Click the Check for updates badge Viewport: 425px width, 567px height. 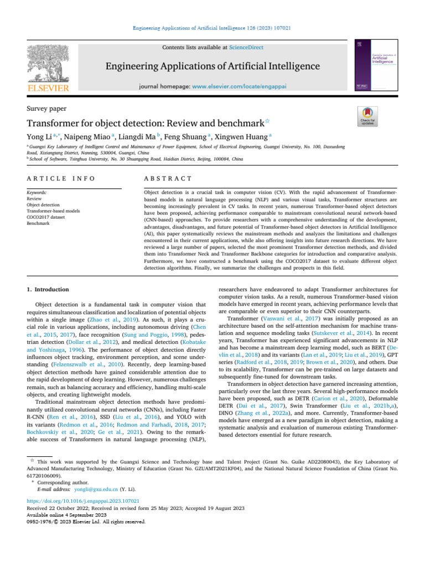pos(368,117)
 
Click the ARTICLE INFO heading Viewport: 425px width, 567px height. pos(60,179)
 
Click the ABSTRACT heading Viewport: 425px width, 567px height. pos(168,179)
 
